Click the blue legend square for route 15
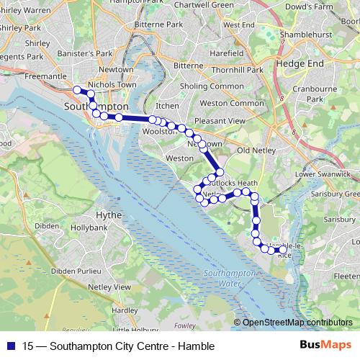tap(12, 346)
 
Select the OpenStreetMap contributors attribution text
tap(297, 323)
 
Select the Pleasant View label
tap(220, 121)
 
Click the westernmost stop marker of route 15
tap(77, 90)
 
